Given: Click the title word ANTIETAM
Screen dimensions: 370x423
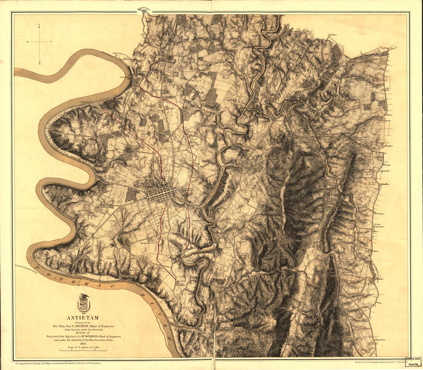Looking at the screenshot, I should click(x=82, y=318).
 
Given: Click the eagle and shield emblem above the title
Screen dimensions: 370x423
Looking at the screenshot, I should click(x=83, y=303).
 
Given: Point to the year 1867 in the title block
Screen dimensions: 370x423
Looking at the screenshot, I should click(x=83, y=344).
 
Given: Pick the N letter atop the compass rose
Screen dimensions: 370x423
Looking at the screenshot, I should click(x=40, y=25).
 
